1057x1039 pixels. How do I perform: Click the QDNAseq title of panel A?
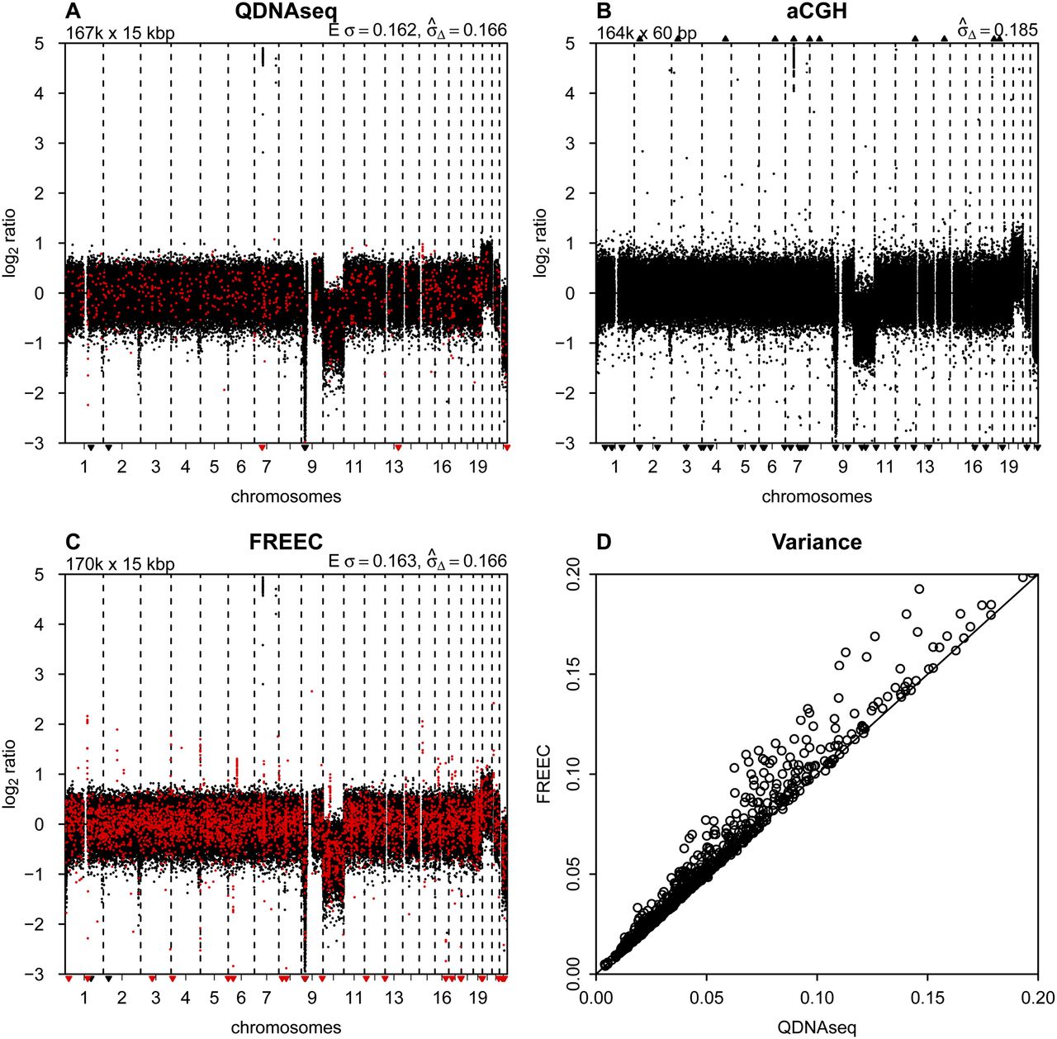point(285,12)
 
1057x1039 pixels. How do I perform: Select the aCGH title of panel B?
point(816,12)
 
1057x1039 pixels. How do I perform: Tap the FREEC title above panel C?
point(285,543)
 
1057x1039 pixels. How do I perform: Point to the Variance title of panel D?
point(816,543)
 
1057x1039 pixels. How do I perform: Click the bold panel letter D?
point(604,543)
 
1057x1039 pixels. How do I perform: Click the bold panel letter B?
point(604,12)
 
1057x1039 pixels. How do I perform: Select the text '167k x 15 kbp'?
point(121,33)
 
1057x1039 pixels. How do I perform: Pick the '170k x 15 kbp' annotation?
point(121,564)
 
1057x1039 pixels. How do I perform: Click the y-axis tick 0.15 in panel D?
point(572,674)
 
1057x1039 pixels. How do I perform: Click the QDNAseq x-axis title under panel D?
point(817,1027)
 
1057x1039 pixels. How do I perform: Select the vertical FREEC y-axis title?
point(543,774)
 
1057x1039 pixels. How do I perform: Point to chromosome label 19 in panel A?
point(478,467)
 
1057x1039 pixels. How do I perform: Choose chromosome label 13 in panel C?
point(394,998)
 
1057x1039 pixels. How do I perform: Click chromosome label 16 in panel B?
point(974,467)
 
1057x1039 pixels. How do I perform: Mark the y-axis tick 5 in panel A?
point(50,43)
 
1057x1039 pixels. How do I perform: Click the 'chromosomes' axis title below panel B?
point(817,496)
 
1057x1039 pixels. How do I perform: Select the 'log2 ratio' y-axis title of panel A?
point(12,243)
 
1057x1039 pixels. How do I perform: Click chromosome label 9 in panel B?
point(843,467)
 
